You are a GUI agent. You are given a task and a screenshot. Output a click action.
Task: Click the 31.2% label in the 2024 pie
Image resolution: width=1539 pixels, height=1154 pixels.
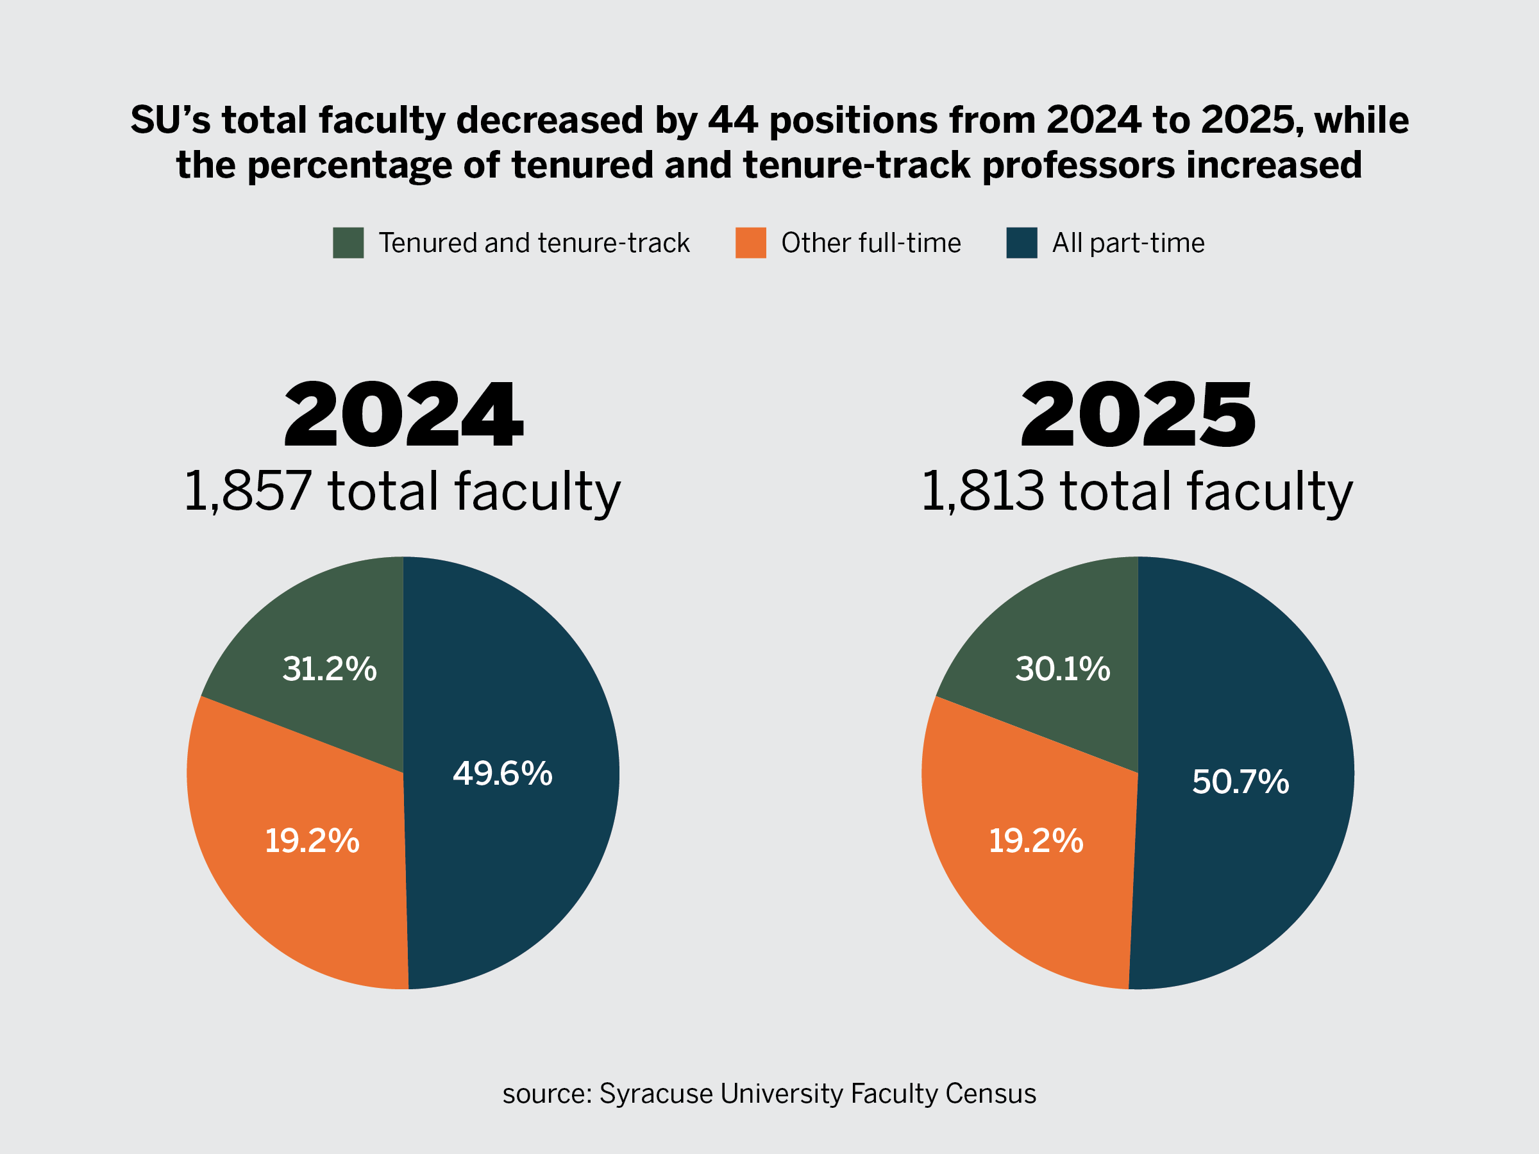tap(329, 669)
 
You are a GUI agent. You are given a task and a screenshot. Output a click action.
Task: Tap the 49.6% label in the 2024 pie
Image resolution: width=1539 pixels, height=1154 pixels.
tap(502, 774)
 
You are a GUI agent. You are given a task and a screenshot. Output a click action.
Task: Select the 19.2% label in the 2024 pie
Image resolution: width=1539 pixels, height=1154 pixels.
tap(312, 841)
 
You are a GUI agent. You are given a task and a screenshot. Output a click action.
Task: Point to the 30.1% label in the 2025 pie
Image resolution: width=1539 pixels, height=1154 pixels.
tap(1063, 669)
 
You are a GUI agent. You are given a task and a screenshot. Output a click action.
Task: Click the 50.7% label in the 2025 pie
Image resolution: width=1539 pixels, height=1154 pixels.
tap(1241, 782)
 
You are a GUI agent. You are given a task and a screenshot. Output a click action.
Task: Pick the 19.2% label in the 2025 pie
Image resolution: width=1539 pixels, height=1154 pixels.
tap(1036, 841)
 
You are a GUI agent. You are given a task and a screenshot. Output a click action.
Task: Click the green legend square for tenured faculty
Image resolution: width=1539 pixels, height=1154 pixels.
tap(348, 243)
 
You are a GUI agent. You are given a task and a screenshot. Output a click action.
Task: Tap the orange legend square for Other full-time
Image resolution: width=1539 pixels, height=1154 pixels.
tap(751, 243)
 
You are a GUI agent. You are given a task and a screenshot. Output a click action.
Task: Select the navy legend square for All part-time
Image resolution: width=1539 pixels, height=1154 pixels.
tap(1022, 243)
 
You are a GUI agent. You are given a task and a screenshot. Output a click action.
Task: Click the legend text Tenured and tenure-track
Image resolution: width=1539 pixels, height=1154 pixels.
tap(534, 244)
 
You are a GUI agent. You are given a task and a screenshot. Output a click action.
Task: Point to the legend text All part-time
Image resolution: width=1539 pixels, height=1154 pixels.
tap(1128, 244)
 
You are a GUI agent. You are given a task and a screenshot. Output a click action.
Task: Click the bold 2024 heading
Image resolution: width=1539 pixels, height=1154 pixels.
tap(403, 415)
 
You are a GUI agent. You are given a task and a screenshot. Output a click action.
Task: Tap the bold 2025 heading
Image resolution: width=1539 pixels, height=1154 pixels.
tap(1138, 415)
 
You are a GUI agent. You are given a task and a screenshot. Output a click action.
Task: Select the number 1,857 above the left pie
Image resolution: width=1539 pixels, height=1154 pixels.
tap(247, 491)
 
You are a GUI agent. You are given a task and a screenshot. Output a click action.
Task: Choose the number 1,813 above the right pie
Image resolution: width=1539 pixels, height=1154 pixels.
tap(982, 491)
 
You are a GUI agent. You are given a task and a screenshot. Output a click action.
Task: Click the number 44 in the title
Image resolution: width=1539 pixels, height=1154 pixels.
tap(732, 121)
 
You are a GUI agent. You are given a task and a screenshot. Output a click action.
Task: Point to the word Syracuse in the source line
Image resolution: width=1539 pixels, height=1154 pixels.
tap(656, 1094)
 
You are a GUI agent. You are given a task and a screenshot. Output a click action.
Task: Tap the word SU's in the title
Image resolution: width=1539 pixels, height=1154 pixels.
tap(170, 121)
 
